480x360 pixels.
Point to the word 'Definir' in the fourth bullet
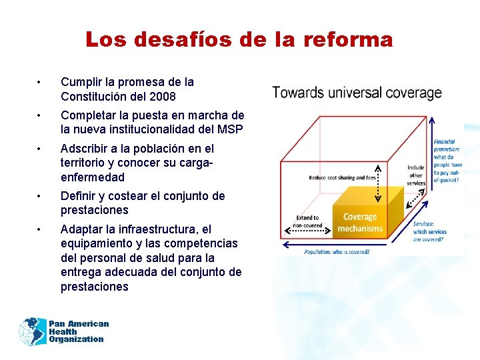click(79, 196)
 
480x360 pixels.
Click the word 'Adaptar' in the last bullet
click(81, 229)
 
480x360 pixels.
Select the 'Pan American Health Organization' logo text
click(78, 331)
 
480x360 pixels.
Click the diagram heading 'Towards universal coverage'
click(357, 93)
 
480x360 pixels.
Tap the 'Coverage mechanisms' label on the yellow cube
click(360, 223)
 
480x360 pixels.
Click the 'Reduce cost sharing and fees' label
click(342, 178)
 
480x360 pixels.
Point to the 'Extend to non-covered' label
click(307, 221)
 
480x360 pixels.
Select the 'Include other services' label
click(416, 175)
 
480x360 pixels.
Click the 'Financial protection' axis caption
click(447, 161)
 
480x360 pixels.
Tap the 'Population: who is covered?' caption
click(337, 251)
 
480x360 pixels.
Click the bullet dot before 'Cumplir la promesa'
click(41, 82)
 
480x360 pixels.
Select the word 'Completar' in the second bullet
click(89, 115)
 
